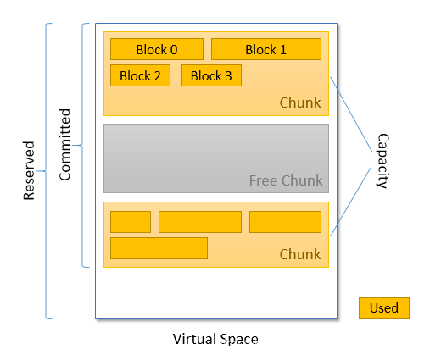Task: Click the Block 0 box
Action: (157, 49)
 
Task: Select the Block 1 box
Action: (266, 49)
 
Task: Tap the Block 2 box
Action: (140, 75)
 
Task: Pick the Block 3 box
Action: (211, 75)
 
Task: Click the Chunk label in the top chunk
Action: (300, 102)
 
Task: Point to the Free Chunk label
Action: (286, 180)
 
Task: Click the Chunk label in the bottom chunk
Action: (300, 254)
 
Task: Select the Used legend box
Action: (384, 308)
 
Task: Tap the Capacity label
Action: (383, 161)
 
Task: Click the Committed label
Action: (64, 145)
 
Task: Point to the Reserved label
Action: (29, 170)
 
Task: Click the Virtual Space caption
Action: (215, 339)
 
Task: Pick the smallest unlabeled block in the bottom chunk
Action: (131, 222)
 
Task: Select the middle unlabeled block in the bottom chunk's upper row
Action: (200, 222)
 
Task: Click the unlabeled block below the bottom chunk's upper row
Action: (159, 248)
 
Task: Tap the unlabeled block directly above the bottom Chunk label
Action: (285, 222)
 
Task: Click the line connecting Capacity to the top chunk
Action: (351, 114)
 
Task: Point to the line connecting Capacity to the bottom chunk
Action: (350, 202)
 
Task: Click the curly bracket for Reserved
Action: (46, 171)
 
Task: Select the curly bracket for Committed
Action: (82, 145)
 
